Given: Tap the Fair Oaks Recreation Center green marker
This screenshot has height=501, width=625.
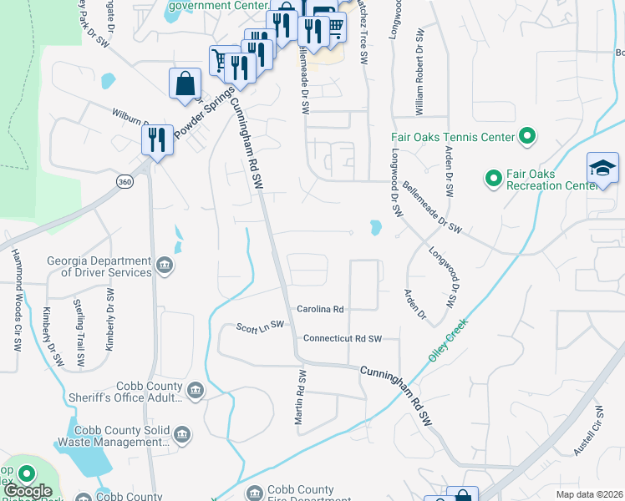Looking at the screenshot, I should click(492, 177).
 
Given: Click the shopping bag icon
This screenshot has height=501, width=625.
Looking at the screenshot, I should click(185, 83).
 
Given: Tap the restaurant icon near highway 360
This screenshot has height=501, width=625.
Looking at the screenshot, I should click(156, 139).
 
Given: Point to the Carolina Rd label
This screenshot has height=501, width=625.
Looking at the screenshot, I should click(318, 309).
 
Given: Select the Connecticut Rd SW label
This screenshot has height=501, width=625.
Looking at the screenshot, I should click(342, 338).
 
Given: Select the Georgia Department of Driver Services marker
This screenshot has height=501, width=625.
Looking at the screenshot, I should click(165, 266).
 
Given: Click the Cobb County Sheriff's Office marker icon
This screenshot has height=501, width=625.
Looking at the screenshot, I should click(196, 390).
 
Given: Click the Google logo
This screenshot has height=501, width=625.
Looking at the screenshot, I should click(28, 492).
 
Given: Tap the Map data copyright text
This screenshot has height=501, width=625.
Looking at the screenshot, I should click(588, 494).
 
